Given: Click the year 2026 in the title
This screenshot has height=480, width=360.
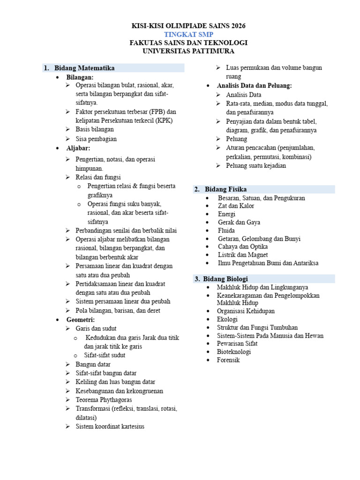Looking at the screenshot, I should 237,26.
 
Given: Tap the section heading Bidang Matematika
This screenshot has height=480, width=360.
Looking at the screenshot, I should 84,68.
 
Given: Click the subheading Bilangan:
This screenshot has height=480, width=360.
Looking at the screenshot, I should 80,77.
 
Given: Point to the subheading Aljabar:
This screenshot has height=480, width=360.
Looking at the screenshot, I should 78,148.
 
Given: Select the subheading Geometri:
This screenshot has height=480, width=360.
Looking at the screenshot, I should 81,320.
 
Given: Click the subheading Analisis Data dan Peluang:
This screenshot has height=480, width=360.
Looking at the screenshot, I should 254,86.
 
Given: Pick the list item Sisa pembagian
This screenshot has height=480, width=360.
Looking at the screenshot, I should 96,139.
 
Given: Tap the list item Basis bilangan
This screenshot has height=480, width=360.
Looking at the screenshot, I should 95,129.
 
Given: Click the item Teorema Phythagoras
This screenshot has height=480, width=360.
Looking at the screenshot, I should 104,400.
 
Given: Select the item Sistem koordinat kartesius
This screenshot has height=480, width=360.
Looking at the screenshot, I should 110,427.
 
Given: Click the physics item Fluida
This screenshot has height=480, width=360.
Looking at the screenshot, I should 226,231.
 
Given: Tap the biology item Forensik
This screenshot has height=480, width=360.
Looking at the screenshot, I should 228,360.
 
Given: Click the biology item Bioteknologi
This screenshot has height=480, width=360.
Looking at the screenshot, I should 234,352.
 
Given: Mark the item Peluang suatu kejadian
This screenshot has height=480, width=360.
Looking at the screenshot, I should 256,165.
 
